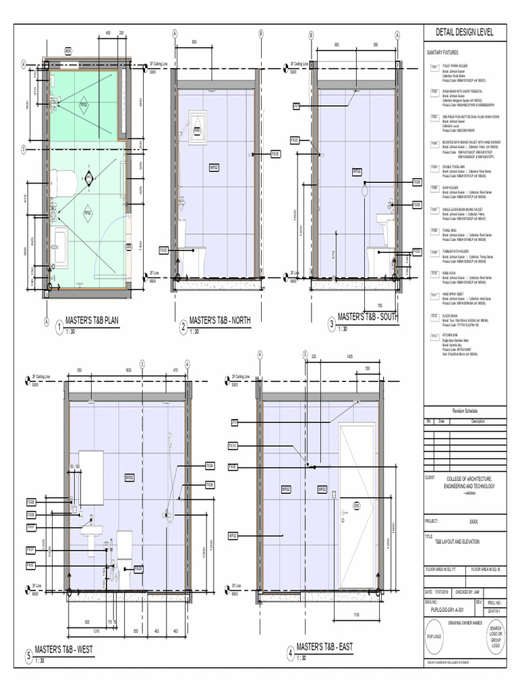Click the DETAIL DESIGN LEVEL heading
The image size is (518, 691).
tap(464, 32)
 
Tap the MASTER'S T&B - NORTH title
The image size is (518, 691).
tap(219, 321)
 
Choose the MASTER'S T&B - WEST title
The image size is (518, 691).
tap(65, 649)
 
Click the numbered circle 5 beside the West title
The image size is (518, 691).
tap(28, 655)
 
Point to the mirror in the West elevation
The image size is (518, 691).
tap(90, 477)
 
